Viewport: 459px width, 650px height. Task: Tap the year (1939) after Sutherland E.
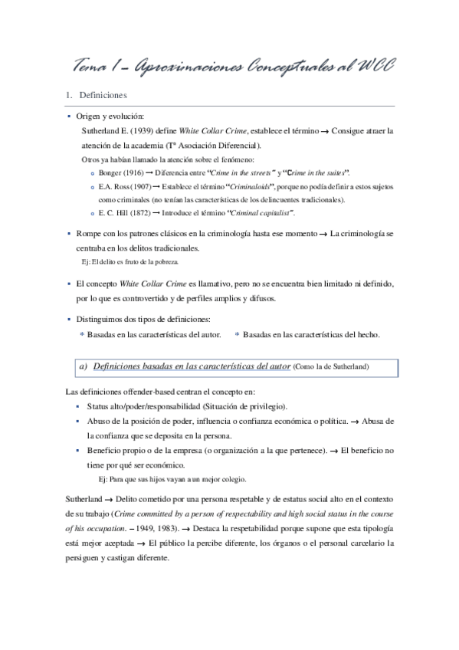click(x=140, y=131)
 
